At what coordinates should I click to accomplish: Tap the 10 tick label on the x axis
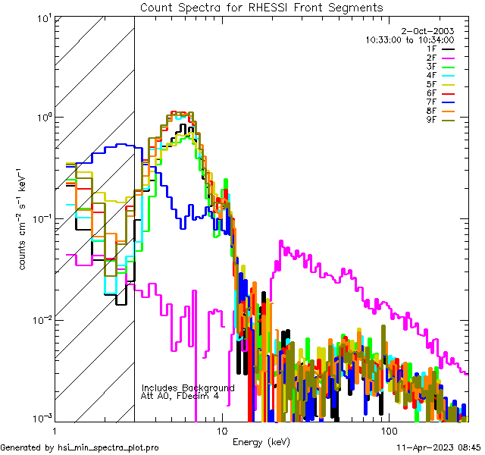[x=221, y=430]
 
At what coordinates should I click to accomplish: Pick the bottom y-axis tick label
[x=41, y=419]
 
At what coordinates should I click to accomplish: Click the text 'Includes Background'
[x=188, y=388]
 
